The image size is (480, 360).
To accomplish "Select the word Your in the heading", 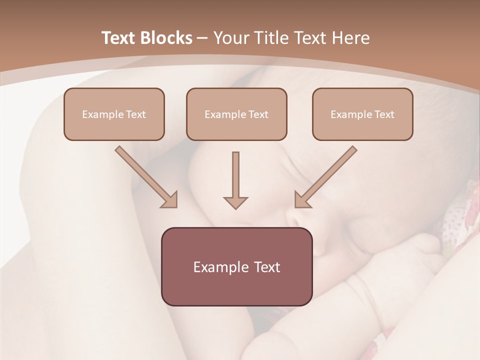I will [x=230, y=38].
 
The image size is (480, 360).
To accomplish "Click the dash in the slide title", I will [x=202, y=38].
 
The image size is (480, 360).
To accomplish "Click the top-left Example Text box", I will [x=114, y=114].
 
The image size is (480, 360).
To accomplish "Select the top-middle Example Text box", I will [x=236, y=114].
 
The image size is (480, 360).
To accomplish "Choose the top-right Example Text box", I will [x=362, y=114].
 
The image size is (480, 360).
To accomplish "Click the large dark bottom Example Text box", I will [x=236, y=266].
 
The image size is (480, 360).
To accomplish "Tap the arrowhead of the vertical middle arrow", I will [x=235, y=202].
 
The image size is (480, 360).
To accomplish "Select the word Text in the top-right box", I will [x=384, y=114].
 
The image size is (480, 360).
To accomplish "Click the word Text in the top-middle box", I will [x=258, y=114].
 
